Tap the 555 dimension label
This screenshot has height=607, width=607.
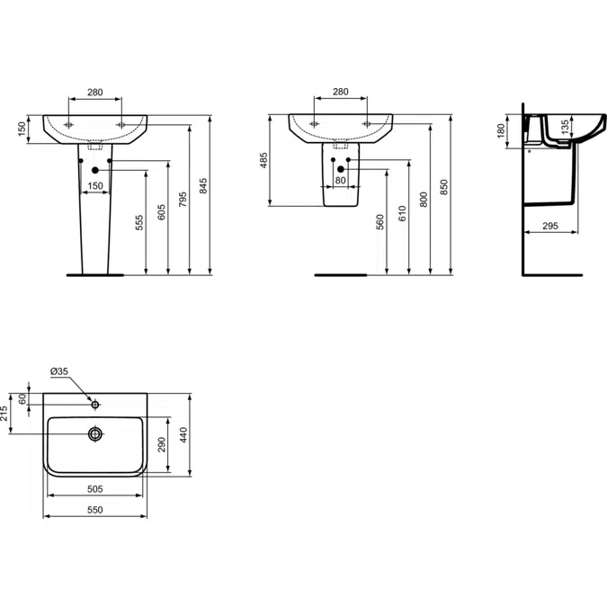(x=140, y=224)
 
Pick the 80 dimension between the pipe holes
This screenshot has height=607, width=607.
(x=340, y=181)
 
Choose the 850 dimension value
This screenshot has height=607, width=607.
(x=445, y=186)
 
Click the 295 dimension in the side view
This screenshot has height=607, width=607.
(x=551, y=228)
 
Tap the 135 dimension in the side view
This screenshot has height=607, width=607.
(x=564, y=126)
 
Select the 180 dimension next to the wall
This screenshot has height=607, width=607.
(x=502, y=131)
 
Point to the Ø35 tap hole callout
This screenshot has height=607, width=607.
(x=59, y=372)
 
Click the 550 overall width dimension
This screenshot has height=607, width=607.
(x=94, y=510)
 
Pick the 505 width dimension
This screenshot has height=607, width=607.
(x=94, y=488)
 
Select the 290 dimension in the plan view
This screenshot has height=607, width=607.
(x=162, y=447)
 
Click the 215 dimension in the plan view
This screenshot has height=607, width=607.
(x=4, y=414)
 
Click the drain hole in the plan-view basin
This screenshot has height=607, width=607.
(x=95, y=433)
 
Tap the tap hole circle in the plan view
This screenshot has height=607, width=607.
(x=95, y=405)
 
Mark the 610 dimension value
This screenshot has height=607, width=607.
(x=403, y=214)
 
